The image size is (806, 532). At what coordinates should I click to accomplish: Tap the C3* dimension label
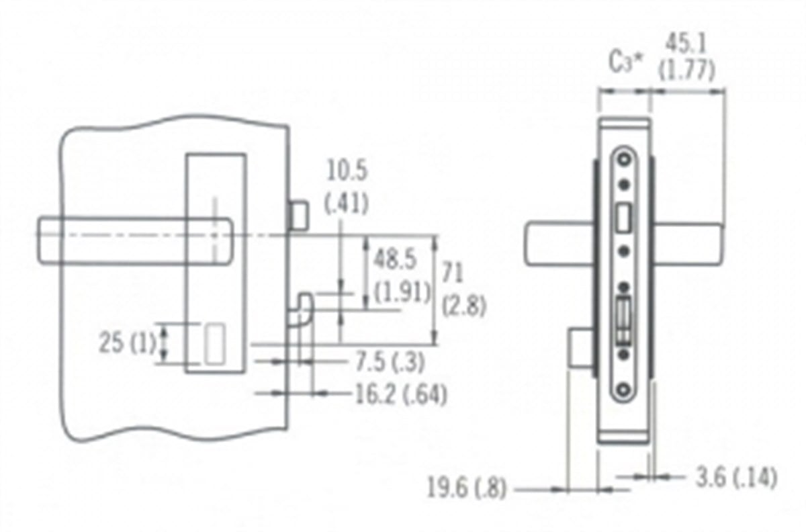(x=625, y=62)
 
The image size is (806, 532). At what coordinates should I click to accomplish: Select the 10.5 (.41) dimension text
(x=347, y=187)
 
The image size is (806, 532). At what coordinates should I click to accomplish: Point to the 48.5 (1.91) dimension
(x=402, y=275)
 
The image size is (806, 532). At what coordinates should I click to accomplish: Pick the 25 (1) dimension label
(x=128, y=343)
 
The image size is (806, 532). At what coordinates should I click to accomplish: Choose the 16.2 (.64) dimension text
(x=401, y=394)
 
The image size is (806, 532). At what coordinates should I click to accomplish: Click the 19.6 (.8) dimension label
(x=467, y=488)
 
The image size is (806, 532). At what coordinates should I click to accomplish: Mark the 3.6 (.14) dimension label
(x=737, y=478)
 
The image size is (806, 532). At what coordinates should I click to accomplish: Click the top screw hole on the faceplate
(x=624, y=159)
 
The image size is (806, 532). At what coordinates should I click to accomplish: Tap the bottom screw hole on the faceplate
(x=624, y=389)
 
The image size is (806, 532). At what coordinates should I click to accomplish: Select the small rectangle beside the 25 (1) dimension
(x=215, y=344)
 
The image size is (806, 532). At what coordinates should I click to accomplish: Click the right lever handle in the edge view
(x=688, y=245)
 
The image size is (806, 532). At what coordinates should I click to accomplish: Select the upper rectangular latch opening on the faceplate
(x=624, y=218)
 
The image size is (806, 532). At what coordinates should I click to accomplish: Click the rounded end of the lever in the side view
(x=227, y=241)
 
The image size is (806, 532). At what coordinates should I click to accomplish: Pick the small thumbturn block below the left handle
(x=580, y=348)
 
